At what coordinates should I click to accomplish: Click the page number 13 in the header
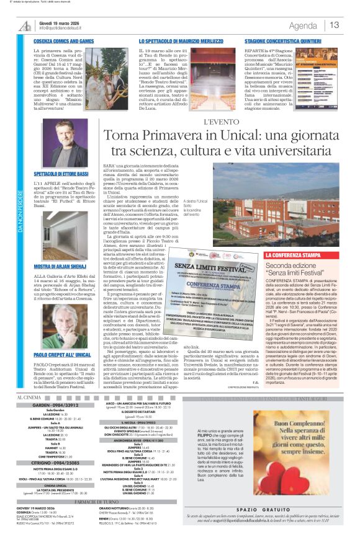point(335,25)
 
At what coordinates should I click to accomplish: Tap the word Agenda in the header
point(303,25)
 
